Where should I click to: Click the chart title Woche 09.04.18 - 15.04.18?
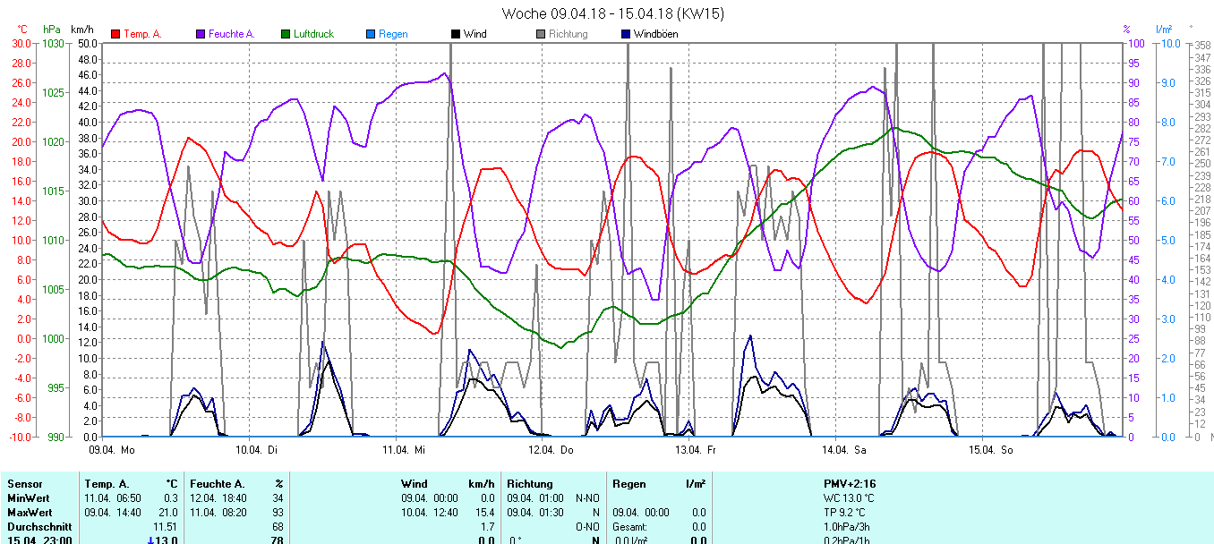tap(613, 13)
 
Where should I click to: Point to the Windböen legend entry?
tap(655, 34)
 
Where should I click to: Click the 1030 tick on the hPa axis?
tap(54, 43)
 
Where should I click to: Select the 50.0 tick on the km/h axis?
tap(87, 43)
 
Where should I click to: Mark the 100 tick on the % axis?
tap(1133, 43)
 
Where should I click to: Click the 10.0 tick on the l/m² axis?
tap(1167, 43)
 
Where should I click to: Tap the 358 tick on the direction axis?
tap(1202, 45)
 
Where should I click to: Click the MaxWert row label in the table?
tap(28, 513)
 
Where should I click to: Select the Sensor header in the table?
tap(24, 484)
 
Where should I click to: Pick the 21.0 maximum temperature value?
tap(169, 513)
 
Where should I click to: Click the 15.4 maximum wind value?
tap(485, 513)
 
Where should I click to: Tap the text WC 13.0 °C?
tap(849, 498)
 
